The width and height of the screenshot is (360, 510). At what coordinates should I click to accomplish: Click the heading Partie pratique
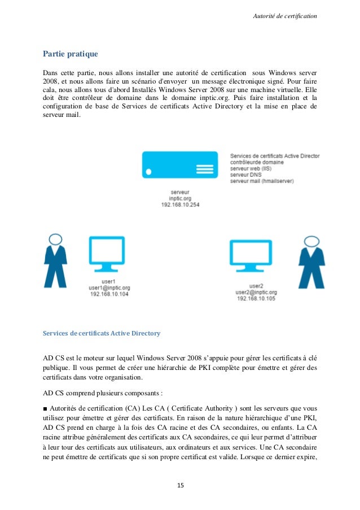tap(71, 54)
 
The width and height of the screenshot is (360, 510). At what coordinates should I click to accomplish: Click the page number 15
tap(180, 485)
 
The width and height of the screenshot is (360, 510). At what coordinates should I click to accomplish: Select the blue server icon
tap(179, 165)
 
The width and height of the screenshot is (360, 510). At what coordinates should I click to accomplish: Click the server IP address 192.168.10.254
tap(179, 204)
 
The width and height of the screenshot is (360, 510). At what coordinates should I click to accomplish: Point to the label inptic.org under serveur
tap(179, 198)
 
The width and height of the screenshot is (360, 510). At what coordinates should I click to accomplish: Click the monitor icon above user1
tap(107, 255)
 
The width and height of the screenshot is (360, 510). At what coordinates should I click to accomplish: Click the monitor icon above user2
tap(252, 257)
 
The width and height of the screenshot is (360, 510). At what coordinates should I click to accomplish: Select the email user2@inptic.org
tap(256, 292)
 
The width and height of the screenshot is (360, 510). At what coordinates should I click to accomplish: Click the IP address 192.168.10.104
tap(109, 294)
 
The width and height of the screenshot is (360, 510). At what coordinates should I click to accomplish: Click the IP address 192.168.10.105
tap(256, 298)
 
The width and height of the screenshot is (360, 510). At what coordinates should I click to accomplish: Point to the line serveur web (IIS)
tap(251, 168)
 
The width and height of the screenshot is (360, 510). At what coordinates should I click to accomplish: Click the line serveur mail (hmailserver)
tap(262, 181)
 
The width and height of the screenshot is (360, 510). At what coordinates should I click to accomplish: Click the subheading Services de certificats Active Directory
tap(102, 333)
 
